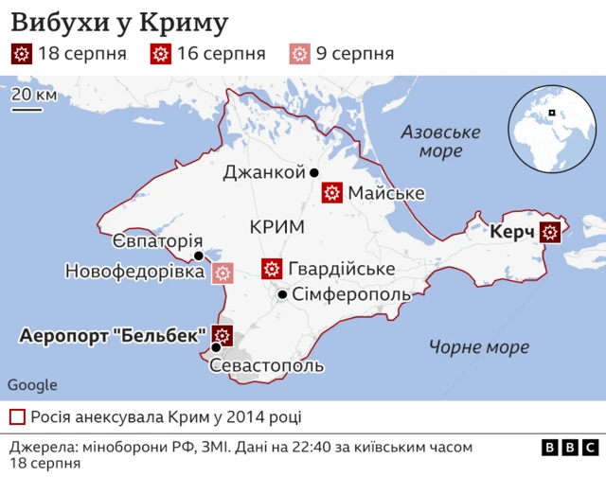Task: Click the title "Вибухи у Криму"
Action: [x=119, y=21]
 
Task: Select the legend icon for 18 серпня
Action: [x=22, y=54]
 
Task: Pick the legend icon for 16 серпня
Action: [x=162, y=54]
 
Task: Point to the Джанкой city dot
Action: [x=313, y=172]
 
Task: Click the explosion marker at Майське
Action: [x=331, y=193]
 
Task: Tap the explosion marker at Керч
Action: [x=550, y=231]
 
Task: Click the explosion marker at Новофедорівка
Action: [x=223, y=273]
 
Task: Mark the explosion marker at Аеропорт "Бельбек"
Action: [x=223, y=335]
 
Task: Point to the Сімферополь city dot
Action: [x=282, y=294]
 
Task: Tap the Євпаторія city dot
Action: [x=198, y=256]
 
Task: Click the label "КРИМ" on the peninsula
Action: [x=276, y=227]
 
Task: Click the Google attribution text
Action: [x=32, y=385]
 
